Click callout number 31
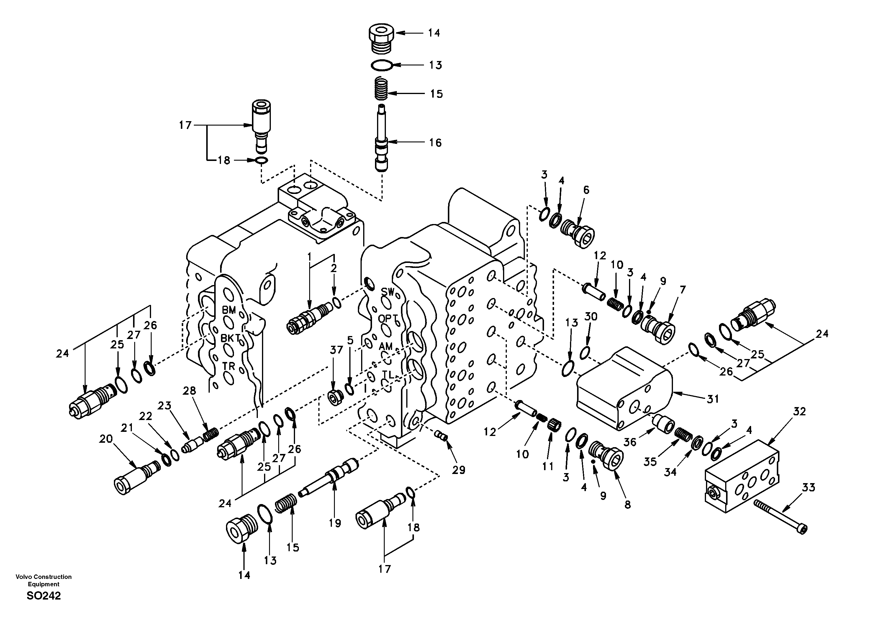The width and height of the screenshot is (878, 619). click(x=712, y=399)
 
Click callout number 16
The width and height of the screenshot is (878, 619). click(x=435, y=143)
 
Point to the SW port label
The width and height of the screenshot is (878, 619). click(x=387, y=292)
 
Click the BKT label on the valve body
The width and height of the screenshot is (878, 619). click(x=231, y=338)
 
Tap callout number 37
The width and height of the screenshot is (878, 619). click(x=337, y=349)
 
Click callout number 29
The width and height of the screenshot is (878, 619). click(x=458, y=470)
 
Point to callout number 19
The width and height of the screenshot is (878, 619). click(x=335, y=523)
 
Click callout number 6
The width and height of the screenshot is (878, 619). click(x=586, y=190)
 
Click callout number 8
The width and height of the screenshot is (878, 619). click(x=628, y=505)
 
